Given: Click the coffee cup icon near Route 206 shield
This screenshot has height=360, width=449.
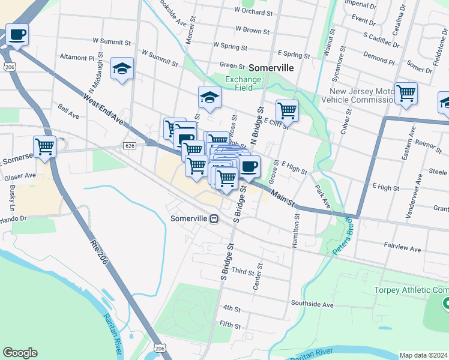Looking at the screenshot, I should [17, 35].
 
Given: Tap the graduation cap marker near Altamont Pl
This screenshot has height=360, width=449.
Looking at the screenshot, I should [122, 68].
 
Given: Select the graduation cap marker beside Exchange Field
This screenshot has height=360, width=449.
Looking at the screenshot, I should [209, 97].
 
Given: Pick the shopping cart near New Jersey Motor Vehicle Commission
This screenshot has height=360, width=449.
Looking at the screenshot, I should [406, 94].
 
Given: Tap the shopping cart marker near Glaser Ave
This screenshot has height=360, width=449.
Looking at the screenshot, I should [45, 146].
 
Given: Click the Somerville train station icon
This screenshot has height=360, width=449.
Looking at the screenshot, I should [214, 219].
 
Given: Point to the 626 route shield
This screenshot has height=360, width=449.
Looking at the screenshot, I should [130, 146].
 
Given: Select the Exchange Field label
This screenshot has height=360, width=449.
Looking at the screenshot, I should [243, 83].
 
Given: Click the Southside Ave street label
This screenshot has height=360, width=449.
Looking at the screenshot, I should [312, 305].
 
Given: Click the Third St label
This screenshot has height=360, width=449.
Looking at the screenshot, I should [244, 272].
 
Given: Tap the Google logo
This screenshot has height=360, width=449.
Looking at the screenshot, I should [20, 353].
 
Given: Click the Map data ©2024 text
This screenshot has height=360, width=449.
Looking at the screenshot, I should [424, 355].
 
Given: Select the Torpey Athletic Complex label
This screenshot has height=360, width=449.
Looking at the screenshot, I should [411, 290].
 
